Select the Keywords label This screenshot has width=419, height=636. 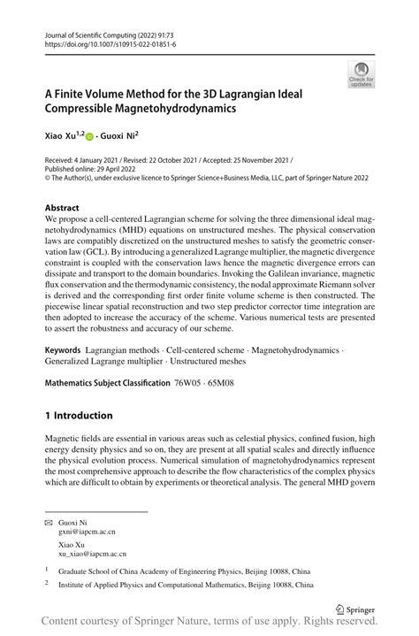point(64,351)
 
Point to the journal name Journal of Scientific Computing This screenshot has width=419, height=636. point(94,33)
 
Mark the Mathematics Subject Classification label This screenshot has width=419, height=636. point(107,383)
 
